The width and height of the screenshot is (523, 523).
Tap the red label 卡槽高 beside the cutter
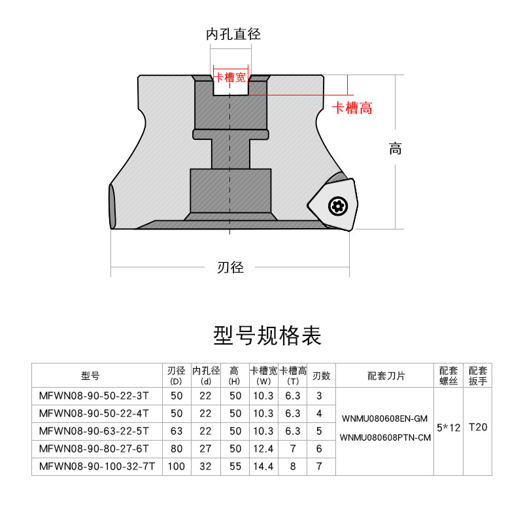coord(352,109)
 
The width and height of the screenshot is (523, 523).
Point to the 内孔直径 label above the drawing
coord(233,34)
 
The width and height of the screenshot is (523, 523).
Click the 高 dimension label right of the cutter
coord(395,149)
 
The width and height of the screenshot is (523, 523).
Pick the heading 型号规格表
coord(267,336)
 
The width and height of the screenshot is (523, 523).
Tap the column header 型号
coord(90,376)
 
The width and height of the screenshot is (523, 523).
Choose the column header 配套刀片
coord(386,376)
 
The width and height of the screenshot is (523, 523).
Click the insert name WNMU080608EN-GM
coord(386,418)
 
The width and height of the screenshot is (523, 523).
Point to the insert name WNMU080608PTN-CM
coord(386,437)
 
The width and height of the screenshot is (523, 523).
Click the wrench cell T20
coord(478,428)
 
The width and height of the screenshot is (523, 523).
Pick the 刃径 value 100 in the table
coord(176,467)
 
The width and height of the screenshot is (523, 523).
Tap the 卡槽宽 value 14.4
coord(264,467)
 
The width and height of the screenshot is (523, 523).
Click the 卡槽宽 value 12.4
coord(264,449)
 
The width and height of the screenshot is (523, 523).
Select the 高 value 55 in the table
coord(235,467)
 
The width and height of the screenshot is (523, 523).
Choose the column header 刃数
coord(321,376)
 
